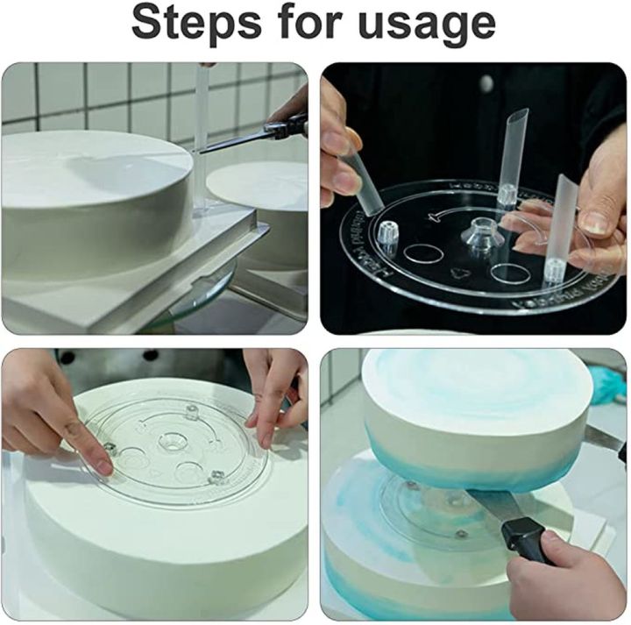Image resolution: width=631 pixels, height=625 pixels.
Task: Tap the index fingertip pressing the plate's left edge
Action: [103, 466]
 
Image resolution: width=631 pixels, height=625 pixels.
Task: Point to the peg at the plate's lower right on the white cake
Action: [217, 479]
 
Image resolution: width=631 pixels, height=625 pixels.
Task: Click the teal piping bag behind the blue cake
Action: [609, 387]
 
